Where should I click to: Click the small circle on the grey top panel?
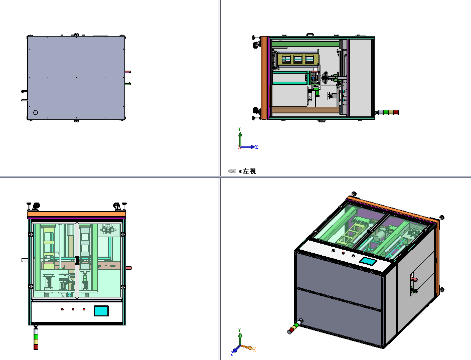pyautogui.click(x=35, y=113)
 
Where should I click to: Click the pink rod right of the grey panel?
pyautogui.click(x=128, y=72)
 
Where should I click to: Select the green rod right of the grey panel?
pyautogui.click(x=128, y=84)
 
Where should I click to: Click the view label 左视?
pyautogui.click(x=249, y=171)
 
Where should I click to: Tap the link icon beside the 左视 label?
pyautogui.click(x=232, y=171)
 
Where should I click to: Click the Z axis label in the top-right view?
pyautogui.click(x=257, y=147)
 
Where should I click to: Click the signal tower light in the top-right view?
pyautogui.click(x=388, y=112)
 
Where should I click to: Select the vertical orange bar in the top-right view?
pyautogui.click(x=264, y=78)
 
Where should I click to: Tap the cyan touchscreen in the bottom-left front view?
pyautogui.click(x=101, y=311)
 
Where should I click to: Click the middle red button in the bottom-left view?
pyautogui.click(x=73, y=309)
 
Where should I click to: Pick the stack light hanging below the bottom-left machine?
pyautogui.click(x=36, y=338)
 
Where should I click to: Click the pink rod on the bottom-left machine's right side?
pyautogui.click(x=128, y=268)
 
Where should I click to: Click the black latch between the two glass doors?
pyautogui.click(x=77, y=260)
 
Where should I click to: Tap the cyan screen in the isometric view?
pyautogui.click(x=368, y=261)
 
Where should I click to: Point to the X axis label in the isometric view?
pyautogui.click(x=255, y=349)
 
